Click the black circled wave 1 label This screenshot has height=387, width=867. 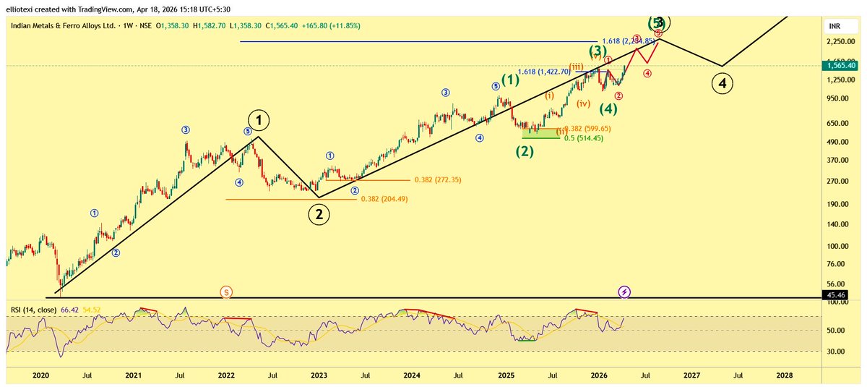click(258, 120)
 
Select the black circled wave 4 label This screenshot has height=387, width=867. click(722, 84)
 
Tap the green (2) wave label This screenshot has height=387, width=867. click(524, 151)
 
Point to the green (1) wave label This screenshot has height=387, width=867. click(510, 80)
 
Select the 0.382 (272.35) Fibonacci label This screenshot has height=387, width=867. click(441, 180)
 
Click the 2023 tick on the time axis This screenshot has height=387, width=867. click(319, 376)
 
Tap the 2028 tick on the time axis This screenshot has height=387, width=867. click(784, 376)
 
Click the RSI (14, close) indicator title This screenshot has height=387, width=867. click(34, 310)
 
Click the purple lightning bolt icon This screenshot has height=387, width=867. click(626, 292)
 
